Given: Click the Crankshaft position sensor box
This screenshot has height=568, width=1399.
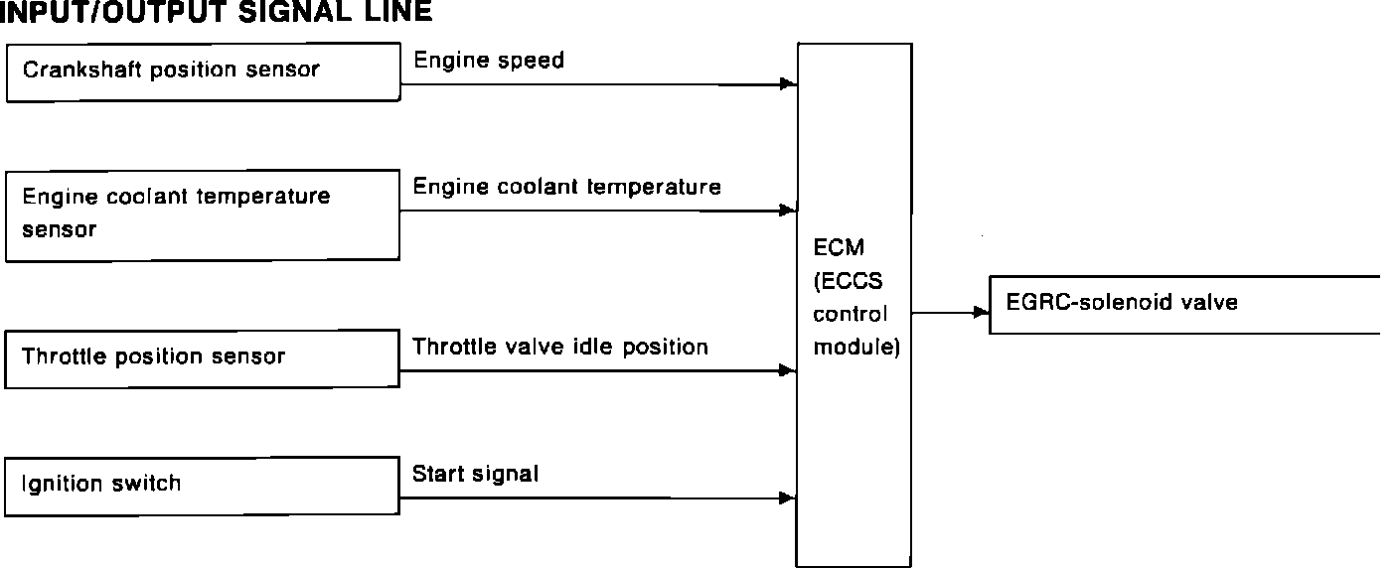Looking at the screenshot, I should pos(203,71).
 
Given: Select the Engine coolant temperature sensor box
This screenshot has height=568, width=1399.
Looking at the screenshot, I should pos(203,214).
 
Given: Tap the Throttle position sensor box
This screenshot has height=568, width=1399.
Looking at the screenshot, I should pos(203,358).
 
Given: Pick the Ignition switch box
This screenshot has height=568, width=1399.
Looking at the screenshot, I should pos(203,486).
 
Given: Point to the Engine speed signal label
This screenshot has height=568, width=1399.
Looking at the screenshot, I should pos(489,61).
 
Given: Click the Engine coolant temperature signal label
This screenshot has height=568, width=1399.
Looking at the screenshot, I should pos(566,187).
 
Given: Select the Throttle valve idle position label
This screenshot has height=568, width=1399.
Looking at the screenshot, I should pos(560,347).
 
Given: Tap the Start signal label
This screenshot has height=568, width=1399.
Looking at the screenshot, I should pos(475,475).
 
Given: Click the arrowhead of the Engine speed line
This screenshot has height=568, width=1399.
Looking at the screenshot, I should pos(789,84).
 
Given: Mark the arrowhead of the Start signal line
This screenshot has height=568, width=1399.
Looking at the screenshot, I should pos(789,497).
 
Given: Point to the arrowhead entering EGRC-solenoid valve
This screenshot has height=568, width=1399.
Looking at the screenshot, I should pos(982,313).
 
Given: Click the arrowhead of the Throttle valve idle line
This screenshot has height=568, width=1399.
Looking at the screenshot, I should pos(789,371).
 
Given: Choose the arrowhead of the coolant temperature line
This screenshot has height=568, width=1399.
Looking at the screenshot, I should pos(789,211).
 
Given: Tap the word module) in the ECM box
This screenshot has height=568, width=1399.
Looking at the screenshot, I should pos(855,349).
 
